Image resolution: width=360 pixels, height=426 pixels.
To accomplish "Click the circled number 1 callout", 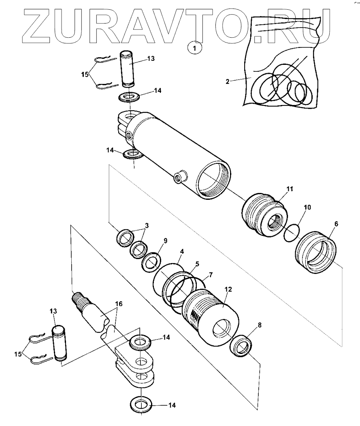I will click(x=195, y=48).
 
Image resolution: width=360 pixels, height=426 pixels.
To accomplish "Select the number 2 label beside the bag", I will click(x=228, y=81).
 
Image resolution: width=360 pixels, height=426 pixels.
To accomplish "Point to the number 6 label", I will click(x=336, y=224).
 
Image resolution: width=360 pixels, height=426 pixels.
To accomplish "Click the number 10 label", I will click(x=307, y=207).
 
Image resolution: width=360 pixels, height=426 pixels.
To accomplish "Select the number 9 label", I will click(x=165, y=240).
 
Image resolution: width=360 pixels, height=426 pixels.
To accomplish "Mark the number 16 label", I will click(x=119, y=303).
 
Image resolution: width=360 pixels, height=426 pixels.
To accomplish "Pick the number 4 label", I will click(x=182, y=251).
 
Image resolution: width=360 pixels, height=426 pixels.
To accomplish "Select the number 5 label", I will click(x=197, y=264).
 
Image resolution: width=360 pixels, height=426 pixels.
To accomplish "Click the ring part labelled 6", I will click(x=315, y=252).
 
